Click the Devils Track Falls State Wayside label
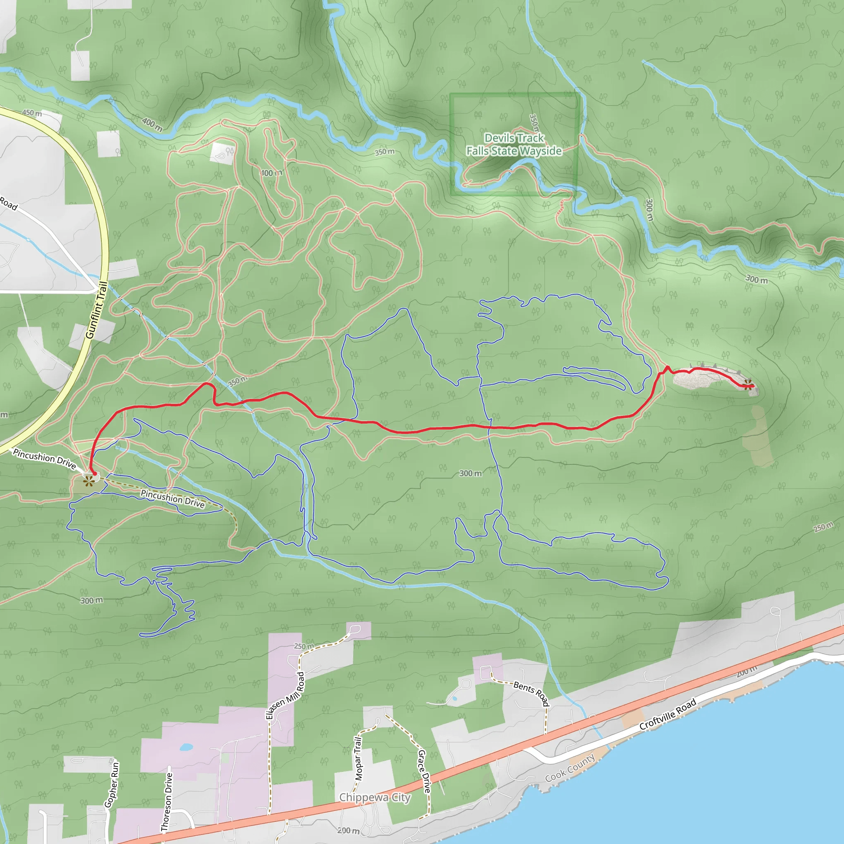tap(514, 145)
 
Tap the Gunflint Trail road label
tap(96, 310)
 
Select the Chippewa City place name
tap(375, 797)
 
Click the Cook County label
tap(570, 768)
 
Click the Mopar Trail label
tap(358, 759)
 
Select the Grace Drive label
tap(424, 771)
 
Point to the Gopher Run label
tap(112, 785)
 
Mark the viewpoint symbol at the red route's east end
tap(748, 384)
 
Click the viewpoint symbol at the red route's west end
tap(89, 481)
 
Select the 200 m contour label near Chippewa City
tap(348, 830)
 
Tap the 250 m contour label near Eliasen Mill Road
tap(304, 647)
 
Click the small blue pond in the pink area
tap(186, 747)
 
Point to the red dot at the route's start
tap(94, 473)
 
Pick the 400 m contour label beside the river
tap(152, 124)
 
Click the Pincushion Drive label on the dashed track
tap(173, 499)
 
